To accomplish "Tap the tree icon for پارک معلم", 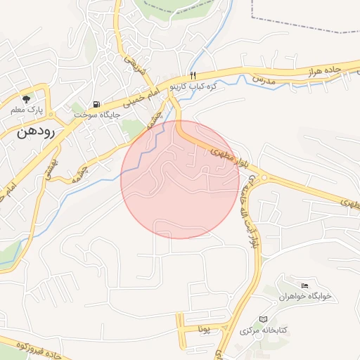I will (x=27, y=99).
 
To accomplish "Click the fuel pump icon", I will (x=96, y=104).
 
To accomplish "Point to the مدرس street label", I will (x=263, y=81).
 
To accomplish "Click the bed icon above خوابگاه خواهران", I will (x=304, y=285).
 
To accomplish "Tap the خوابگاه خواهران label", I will (x=304, y=297).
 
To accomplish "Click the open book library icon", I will (x=264, y=319).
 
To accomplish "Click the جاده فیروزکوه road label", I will (x=28, y=347).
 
